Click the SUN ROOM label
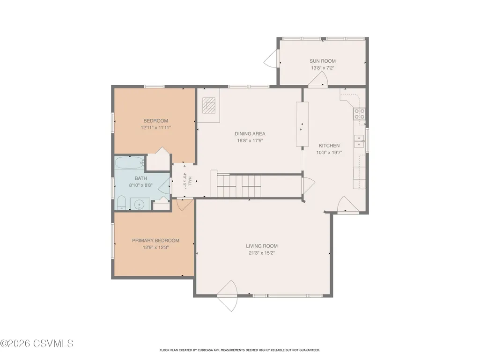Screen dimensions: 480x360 322,61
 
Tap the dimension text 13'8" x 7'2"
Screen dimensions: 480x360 322,68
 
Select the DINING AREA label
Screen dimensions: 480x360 250,134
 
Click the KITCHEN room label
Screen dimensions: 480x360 329,146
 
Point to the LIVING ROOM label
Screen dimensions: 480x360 262,246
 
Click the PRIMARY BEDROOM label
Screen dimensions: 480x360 155,241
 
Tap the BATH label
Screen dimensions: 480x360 141,178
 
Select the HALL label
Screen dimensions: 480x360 190,181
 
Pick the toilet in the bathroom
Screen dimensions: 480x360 122,203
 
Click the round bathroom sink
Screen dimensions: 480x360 140,204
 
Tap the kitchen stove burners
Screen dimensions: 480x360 359,114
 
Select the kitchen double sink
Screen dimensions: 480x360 359,141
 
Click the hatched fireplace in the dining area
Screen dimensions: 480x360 209,105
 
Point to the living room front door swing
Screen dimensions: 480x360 227,296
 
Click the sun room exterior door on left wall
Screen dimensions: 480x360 271,59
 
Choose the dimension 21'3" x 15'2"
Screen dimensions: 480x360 262,253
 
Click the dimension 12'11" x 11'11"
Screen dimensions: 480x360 156,128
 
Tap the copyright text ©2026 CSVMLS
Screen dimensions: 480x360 37,343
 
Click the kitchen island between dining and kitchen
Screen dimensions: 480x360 302,124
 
